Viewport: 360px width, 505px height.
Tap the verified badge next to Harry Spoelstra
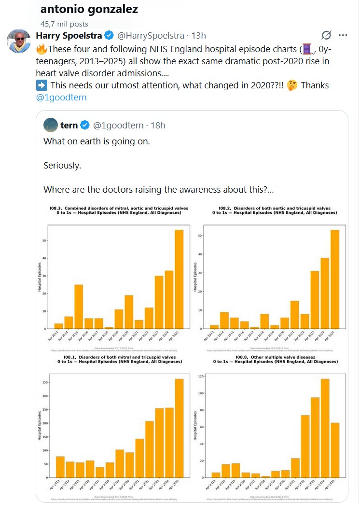click(110, 36)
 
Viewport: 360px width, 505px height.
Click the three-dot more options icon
click(343, 35)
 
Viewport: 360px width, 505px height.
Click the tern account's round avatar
click(50, 125)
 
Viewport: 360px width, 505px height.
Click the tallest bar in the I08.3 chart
click(179, 279)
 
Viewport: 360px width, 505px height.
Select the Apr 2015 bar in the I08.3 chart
click(79, 306)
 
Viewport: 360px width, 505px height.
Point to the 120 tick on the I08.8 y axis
click(200, 375)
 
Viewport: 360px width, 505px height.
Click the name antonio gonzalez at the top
click(89, 9)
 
